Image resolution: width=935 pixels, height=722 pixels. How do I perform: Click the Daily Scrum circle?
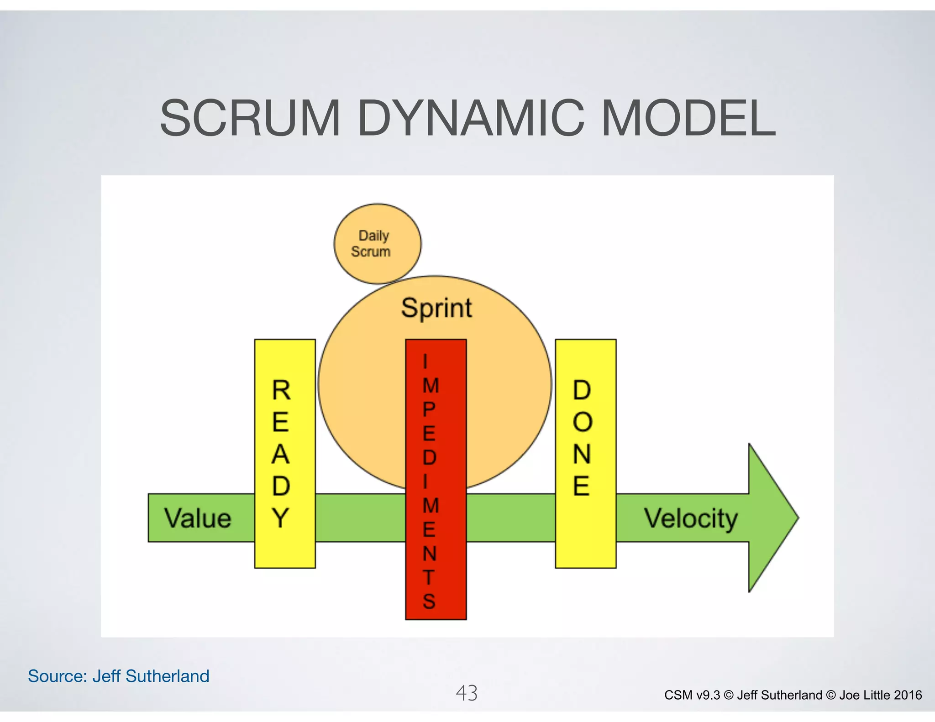click(377, 244)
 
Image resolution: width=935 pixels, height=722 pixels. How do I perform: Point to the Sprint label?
click(436, 308)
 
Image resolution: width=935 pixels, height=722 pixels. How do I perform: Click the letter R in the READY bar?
click(281, 391)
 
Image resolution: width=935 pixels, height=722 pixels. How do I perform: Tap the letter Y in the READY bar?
click(281, 518)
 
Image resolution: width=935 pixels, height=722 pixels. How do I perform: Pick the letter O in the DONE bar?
click(582, 422)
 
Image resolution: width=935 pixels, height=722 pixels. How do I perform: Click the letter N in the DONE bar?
click(582, 454)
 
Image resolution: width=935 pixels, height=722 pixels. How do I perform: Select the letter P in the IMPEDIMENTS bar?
click(429, 409)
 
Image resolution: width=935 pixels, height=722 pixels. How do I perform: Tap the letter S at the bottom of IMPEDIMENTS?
click(429, 602)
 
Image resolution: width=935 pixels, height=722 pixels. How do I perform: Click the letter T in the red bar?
click(429, 577)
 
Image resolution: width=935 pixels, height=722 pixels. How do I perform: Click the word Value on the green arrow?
click(198, 518)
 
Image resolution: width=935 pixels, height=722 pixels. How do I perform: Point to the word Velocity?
click(691, 518)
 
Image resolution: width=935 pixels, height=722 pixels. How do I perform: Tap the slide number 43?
click(467, 693)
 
